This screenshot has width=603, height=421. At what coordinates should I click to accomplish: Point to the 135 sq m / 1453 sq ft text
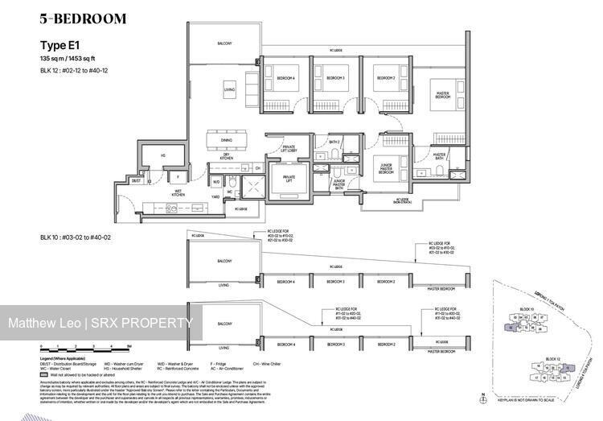click(77, 60)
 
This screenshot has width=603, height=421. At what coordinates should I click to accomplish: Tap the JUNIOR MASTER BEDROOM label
click(391, 169)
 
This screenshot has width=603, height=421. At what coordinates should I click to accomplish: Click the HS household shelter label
click(163, 156)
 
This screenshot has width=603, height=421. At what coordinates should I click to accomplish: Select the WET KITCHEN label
click(179, 193)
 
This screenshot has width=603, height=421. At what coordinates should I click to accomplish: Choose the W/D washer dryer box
click(216, 182)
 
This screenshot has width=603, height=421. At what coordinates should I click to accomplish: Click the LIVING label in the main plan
click(229, 90)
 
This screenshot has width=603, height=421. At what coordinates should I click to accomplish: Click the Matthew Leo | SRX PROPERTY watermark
click(100, 324)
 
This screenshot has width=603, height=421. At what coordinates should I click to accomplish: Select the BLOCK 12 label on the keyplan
click(552, 358)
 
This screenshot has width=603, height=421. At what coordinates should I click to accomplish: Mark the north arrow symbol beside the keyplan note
click(481, 396)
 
